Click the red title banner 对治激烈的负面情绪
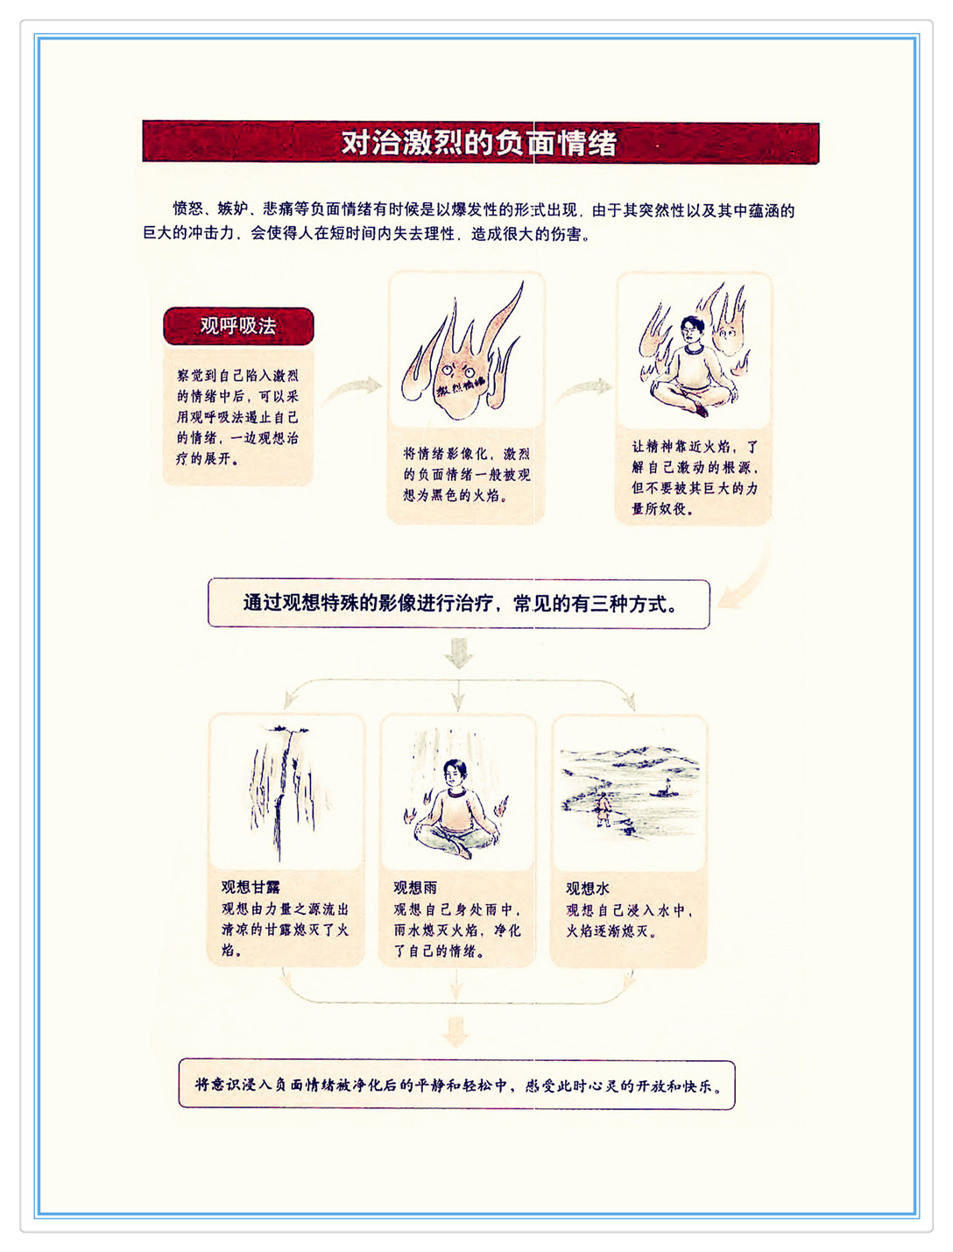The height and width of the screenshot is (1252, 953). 481,141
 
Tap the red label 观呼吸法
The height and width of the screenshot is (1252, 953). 238,326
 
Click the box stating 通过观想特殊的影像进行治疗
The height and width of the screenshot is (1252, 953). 459,604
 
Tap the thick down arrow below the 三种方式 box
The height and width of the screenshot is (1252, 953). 458,653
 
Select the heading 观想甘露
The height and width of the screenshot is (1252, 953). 251,887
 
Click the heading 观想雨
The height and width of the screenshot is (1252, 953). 415,888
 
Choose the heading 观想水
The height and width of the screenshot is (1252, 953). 588,888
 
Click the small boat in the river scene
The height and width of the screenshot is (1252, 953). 665,789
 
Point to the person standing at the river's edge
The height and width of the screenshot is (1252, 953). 603,808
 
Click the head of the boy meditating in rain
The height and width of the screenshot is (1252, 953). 455,772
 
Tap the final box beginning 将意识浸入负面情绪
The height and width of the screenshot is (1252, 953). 456,1085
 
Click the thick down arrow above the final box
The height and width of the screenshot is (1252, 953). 456,1031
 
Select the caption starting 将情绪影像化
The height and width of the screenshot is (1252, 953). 467,475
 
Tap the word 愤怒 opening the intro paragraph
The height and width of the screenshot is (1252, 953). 188,209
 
